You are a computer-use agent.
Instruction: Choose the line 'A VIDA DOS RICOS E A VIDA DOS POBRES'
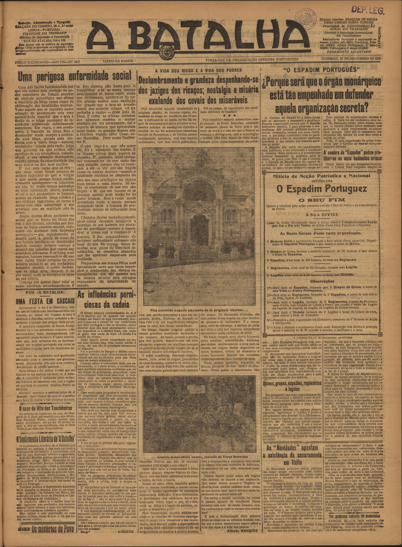pyautogui.click(x=199, y=70)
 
